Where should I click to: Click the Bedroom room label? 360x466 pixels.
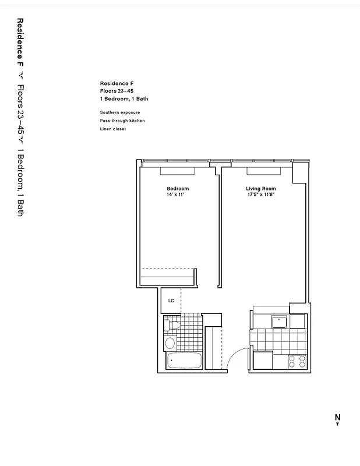(178, 189)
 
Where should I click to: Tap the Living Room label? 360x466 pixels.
(260, 189)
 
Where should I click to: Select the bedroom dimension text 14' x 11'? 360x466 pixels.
(175, 195)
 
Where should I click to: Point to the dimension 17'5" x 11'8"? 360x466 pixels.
(260, 195)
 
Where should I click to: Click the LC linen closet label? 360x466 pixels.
(171, 301)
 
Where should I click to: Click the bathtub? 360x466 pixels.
(184, 361)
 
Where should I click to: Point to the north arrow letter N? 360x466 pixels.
(337, 417)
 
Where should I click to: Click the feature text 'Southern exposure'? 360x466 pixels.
(119, 112)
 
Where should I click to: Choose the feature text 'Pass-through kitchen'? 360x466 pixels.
(122, 121)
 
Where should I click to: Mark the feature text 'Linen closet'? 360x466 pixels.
(112, 129)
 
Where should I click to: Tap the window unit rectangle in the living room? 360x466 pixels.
(264, 171)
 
